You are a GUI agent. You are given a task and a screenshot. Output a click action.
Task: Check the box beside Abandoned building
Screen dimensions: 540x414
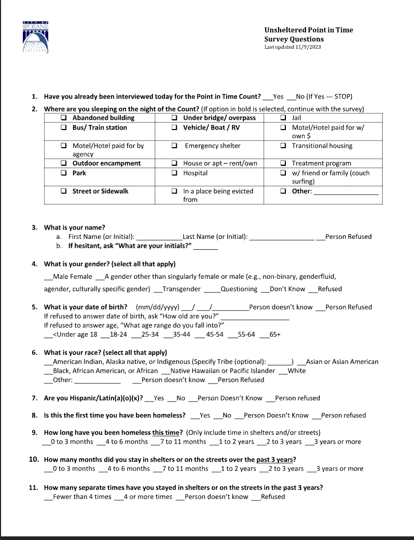coord(63,118)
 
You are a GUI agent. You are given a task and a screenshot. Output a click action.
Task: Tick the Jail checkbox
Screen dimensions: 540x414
coord(283,118)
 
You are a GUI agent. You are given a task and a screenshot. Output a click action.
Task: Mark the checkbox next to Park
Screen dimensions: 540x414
coord(63,173)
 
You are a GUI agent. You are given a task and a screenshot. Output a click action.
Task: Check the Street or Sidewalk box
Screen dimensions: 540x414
coord(63,191)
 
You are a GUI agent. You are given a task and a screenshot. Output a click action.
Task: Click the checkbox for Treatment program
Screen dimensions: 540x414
coord(283,163)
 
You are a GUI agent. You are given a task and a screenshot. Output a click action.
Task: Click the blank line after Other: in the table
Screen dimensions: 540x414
coord(346,192)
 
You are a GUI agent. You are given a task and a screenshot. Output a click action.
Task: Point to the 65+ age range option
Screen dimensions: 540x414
coord(275,335)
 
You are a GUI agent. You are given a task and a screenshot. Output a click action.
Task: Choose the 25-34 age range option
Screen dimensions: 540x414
coord(150,335)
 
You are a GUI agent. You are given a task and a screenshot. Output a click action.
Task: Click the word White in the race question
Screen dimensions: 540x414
coord(297,371)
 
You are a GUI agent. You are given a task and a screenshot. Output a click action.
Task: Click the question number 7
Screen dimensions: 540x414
coord(34,398)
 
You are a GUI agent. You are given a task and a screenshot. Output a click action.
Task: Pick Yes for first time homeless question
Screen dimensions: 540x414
coord(204,415)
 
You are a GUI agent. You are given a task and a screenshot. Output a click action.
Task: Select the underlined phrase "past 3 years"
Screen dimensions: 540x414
coord(276,459)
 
